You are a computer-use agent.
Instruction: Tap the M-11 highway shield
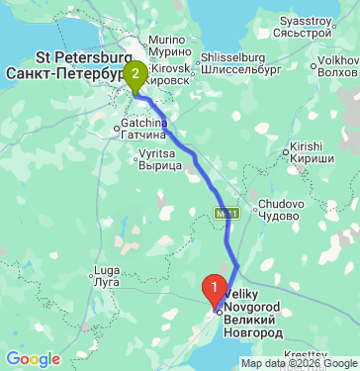pyautogui.click(x=225, y=212)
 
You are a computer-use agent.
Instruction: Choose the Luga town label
pyautogui.click(x=105, y=270)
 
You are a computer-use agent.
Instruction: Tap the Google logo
pyautogui.click(x=32, y=358)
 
